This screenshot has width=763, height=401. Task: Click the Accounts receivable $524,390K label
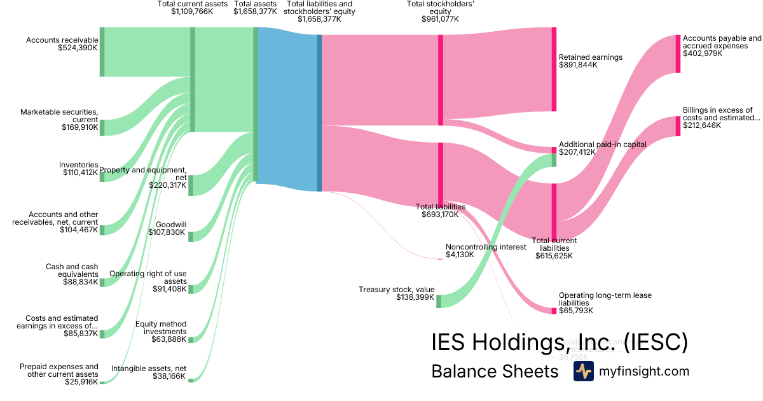[x=62, y=44]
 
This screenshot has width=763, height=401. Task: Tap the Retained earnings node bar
[x=554, y=69]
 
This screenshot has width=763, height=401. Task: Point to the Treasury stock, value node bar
[x=439, y=301]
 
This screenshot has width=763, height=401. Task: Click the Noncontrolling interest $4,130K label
[x=486, y=251]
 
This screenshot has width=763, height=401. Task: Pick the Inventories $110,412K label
[x=80, y=169]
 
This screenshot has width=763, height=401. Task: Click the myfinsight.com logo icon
[x=583, y=371]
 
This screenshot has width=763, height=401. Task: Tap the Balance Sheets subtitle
[x=494, y=371]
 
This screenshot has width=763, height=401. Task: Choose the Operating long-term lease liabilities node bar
[x=554, y=311]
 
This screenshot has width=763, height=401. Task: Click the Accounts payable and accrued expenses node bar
[x=678, y=53]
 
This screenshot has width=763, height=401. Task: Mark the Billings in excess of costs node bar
[x=678, y=126]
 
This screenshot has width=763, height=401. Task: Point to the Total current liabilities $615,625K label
[x=554, y=248]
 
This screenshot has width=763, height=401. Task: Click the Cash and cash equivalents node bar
[x=102, y=283]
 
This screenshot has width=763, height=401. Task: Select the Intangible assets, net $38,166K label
[x=149, y=372]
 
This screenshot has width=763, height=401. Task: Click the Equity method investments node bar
[x=191, y=340]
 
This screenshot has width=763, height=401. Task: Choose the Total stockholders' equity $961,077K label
[x=440, y=11]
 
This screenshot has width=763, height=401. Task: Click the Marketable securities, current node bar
[x=102, y=127]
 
